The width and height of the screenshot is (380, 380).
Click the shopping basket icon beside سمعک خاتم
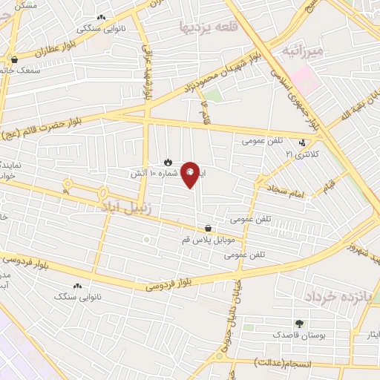click(x=14, y=60)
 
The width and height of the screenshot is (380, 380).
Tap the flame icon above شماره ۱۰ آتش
click(x=168, y=161)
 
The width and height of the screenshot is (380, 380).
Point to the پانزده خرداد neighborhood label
click(x=335, y=296)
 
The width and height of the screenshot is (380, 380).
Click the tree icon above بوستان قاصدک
click(x=299, y=324)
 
